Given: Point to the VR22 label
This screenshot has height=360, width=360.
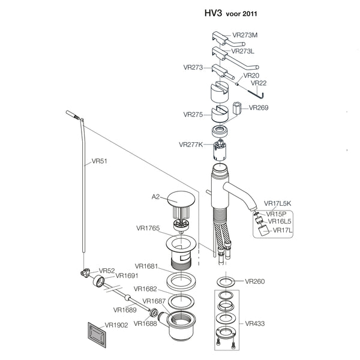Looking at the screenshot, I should [x=259, y=83].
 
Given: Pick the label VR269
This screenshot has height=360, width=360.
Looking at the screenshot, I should [x=259, y=108].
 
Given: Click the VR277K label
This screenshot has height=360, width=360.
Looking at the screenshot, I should [x=191, y=144].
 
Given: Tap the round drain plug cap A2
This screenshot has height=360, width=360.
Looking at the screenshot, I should [x=180, y=198].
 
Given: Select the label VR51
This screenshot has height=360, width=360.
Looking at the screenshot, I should [x=99, y=161].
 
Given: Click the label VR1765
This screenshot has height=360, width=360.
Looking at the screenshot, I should [x=148, y=228].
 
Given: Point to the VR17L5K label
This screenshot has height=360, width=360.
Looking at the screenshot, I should [x=277, y=204].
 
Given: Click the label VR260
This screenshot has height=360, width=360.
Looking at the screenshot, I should [x=254, y=281].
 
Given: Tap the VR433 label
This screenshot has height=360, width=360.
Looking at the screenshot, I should [x=254, y=323].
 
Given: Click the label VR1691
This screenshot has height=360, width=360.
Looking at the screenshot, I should [x=127, y=275].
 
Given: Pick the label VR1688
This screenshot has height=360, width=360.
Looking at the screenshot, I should [x=145, y=323].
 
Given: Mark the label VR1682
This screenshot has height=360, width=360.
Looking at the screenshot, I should [x=146, y=289].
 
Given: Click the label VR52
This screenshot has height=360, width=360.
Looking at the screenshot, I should [x=106, y=271].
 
